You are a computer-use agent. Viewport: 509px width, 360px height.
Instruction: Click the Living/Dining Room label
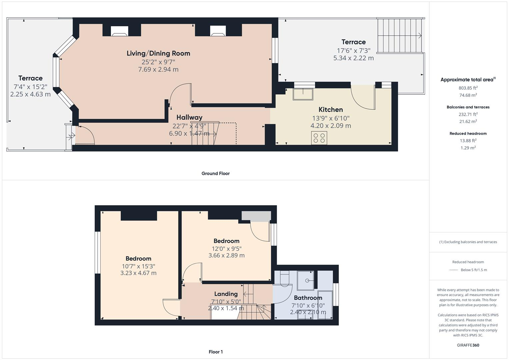pyautogui.click(x=158, y=53)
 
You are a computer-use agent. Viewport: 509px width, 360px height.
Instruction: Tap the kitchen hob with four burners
pyautogui.click(x=319, y=138)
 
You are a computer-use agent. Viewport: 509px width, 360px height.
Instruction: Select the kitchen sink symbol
pyautogui.click(x=303, y=94)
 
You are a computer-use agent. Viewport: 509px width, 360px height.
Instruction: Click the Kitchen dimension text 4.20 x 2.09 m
pyautogui.click(x=331, y=126)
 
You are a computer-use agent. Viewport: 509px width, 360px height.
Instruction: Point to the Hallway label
pyautogui.click(x=189, y=117)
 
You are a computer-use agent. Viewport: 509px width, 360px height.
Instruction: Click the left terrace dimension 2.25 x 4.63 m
pyautogui.click(x=30, y=94)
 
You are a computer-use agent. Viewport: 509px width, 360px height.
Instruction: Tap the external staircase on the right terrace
pyautogui.click(x=399, y=36)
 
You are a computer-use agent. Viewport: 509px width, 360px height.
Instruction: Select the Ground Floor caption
pyautogui.click(x=215, y=173)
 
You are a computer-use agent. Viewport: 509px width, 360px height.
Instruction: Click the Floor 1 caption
pyautogui.click(x=215, y=352)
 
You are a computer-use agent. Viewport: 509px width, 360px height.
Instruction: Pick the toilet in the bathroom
pyautogui.click(x=285, y=279)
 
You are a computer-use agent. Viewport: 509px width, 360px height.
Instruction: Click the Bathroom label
pyautogui.click(x=308, y=298)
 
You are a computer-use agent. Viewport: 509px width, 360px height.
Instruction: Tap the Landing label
pyautogui.click(x=226, y=294)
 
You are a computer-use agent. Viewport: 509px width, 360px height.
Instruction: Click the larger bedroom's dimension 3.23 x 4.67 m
pyautogui.click(x=138, y=273)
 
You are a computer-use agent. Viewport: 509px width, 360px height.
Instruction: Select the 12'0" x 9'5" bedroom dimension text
pyautogui.click(x=226, y=248)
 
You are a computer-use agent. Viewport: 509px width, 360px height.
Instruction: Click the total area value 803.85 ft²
pyautogui.click(x=468, y=88)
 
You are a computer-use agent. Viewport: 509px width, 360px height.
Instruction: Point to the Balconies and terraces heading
pyautogui.click(x=468, y=107)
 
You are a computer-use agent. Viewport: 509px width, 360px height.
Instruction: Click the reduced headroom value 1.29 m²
pyautogui.click(x=468, y=148)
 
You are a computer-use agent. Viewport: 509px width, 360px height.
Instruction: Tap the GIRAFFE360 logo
pyautogui.click(x=468, y=345)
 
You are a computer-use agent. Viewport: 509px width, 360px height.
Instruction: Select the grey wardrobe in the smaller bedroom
pyautogui.click(x=256, y=216)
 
